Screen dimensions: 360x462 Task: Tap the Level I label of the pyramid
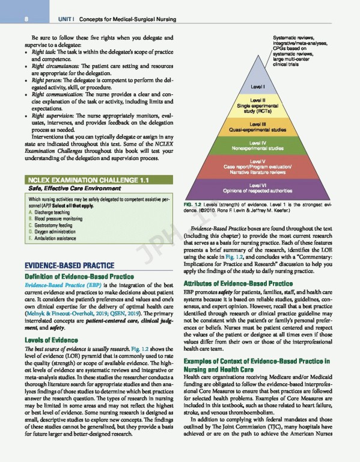pos(257,88)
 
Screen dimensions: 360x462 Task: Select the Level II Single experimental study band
pos(257,106)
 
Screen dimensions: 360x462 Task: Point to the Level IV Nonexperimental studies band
pos(257,144)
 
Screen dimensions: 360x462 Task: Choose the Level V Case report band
pos(257,164)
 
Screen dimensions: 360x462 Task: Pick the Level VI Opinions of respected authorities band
pos(257,185)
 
